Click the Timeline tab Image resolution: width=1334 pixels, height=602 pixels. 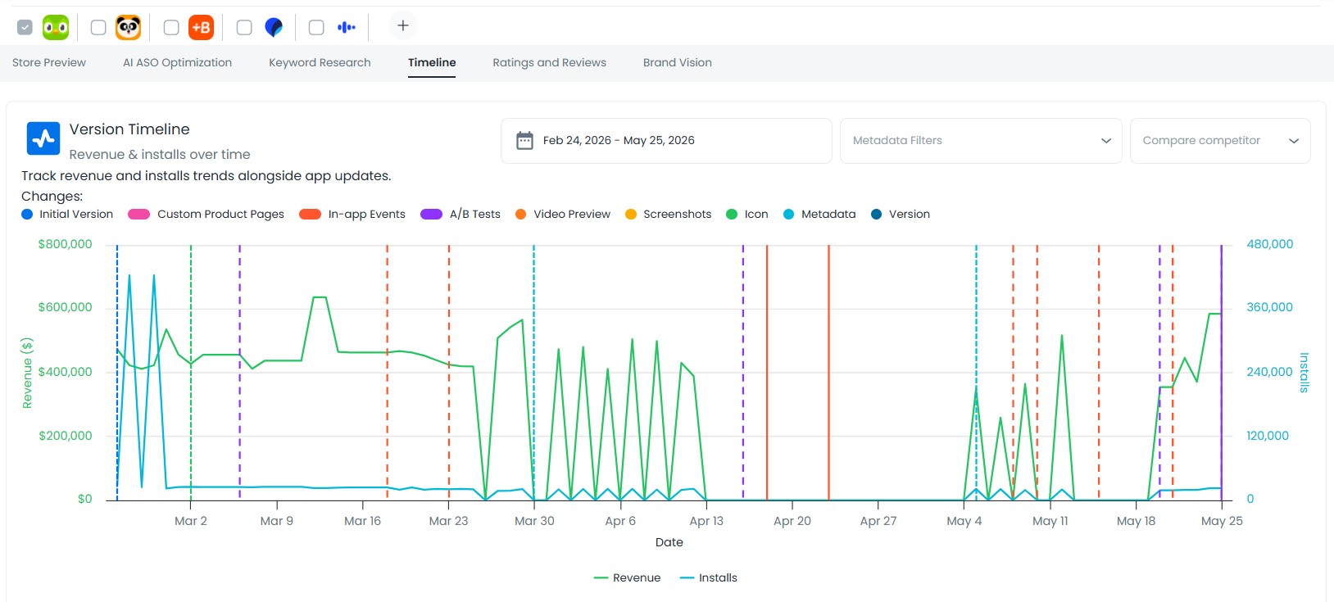[432, 62]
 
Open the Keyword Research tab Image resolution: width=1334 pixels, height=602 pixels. [320, 62]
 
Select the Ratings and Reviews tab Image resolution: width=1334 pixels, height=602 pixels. [549, 62]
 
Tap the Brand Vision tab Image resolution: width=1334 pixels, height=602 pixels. [677, 62]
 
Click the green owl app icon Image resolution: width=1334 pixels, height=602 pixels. [56, 27]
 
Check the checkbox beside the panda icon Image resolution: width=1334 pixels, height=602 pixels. [98, 27]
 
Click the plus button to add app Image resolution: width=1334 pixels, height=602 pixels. [402, 25]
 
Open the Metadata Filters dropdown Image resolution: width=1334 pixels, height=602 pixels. [981, 141]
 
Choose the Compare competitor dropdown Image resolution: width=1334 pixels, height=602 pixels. [1220, 141]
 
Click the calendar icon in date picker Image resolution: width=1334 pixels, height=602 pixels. [524, 141]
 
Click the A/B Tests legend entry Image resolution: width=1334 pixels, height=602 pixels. [461, 215]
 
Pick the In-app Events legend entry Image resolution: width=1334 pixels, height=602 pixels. [352, 215]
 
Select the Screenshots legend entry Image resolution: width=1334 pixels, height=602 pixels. [668, 215]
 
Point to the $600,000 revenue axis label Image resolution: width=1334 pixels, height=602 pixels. [65, 307]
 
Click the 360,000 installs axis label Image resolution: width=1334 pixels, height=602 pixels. [1270, 307]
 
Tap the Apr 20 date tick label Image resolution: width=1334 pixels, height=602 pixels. [792, 521]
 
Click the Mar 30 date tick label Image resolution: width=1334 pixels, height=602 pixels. [534, 521]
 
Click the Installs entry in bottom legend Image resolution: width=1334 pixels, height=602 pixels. [709, 577]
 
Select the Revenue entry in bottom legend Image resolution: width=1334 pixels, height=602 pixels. [627, 577]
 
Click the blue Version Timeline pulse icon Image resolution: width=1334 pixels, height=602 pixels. [43, 138]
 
